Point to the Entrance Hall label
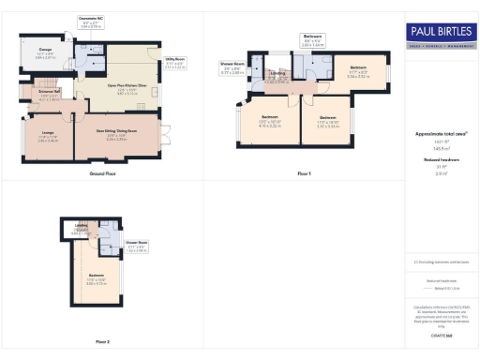(x=50, y=96)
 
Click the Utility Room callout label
(x=175, y=61)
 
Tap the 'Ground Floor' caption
(x=102, y=174)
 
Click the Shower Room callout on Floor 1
(x=233, y=67)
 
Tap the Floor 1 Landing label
(x=277, y=78)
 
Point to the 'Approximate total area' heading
(x=441, y=134)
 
